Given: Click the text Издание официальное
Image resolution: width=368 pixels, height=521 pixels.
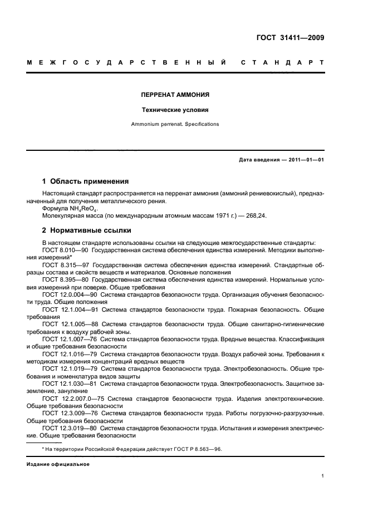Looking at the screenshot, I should pyautogui.click(x=58, y=463).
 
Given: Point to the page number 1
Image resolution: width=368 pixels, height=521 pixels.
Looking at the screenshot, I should pyautogui.click(x=322, y=476).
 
